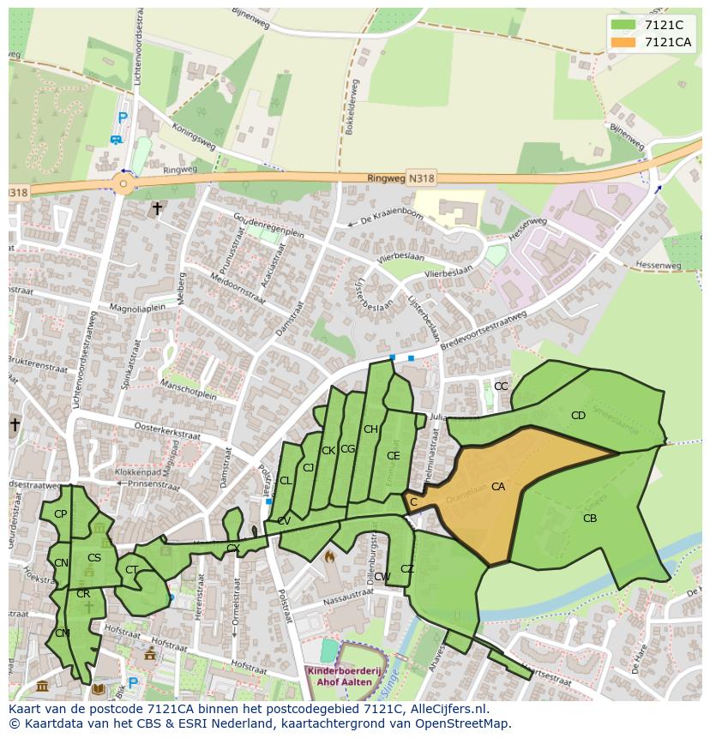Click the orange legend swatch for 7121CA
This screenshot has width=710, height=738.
pyautogui.click(x=623, y=43)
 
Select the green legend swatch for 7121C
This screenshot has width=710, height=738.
pyautogui.click(x=623, y=25)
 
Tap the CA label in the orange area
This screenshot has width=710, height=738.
pyautogui.click(x=498, y=487)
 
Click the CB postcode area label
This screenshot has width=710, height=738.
pyautogui.click(x=590, y=519)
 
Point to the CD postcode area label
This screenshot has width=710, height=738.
pyautogui.click(x=578, y=416)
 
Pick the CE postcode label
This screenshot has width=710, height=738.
pyautogui.click(x=393, y=456)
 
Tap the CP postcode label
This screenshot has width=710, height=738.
pyautogui.click(x=60, y=514)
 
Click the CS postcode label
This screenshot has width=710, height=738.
pyautogui.click(x=94, y=558)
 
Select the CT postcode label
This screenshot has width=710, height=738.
pyautogui.click(x=131, y=570)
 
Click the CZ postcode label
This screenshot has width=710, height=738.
pyautogui.click(x=407, y=569)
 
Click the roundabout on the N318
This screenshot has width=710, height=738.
pyautogui.click(x=123, y=183)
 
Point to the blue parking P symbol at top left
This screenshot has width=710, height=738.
pyautogui.click(x=122, y=118)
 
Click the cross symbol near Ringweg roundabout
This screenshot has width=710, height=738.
pyautogui.click(x=157, y=207)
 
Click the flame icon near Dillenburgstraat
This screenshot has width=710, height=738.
pyautogui.click(x=328, y=556)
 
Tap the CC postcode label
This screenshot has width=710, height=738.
pyautogui.click(x=501, y=387)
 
